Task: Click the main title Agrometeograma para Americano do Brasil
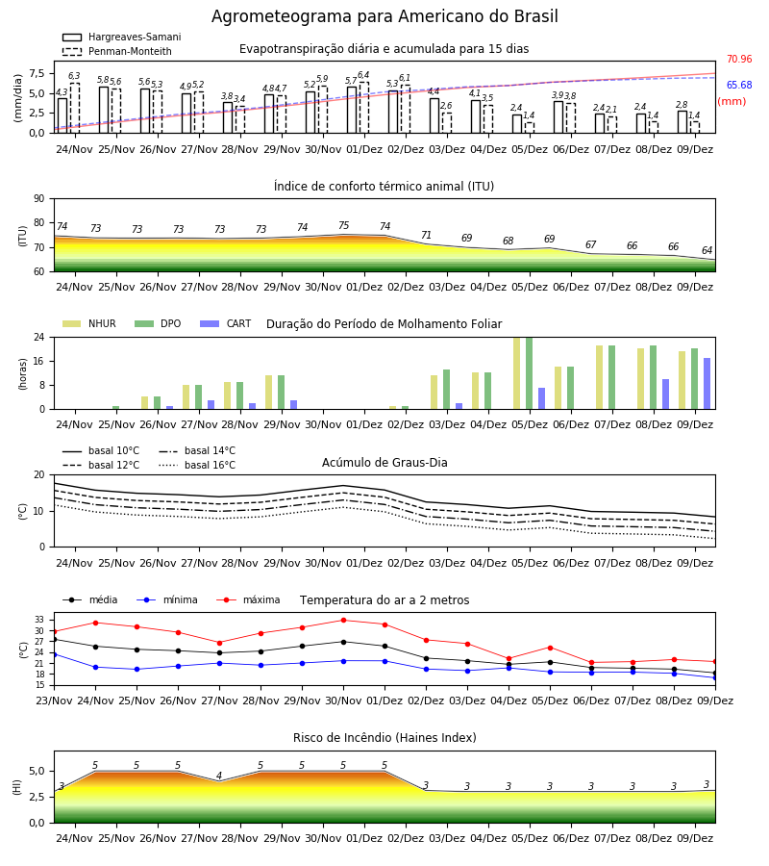384,16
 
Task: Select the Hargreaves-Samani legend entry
122,37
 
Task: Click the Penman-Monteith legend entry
117,51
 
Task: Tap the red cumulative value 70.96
739,59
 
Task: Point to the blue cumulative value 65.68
739,85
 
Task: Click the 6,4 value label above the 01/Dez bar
363,75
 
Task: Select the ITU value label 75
344,225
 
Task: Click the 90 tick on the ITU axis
39,199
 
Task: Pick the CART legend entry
226,323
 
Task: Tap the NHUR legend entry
89,323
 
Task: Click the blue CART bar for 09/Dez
707,384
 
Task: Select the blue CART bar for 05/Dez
542,398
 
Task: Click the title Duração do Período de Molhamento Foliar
384,324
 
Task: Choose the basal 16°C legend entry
197,465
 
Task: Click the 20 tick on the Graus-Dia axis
39,475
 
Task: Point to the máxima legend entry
248,599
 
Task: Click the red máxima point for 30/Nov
344,621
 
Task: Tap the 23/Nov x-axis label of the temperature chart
54,700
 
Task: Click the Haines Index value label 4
219,776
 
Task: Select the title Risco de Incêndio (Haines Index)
384,738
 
